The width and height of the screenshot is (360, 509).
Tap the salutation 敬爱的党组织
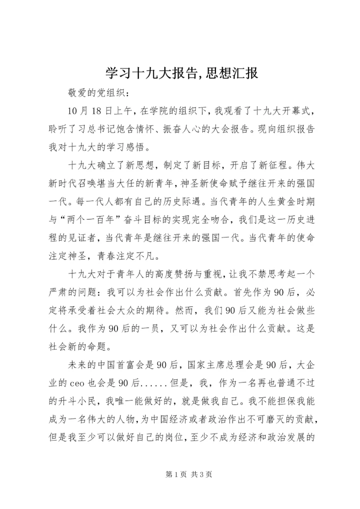coord(92,93)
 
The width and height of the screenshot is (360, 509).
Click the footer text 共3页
coord(202,474)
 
